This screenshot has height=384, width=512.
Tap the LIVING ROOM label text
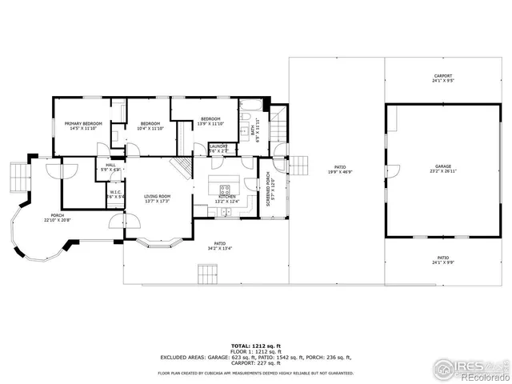pos(158,197)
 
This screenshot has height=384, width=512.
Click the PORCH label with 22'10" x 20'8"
pos(58,217)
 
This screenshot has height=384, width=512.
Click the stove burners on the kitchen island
pos(225,190)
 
